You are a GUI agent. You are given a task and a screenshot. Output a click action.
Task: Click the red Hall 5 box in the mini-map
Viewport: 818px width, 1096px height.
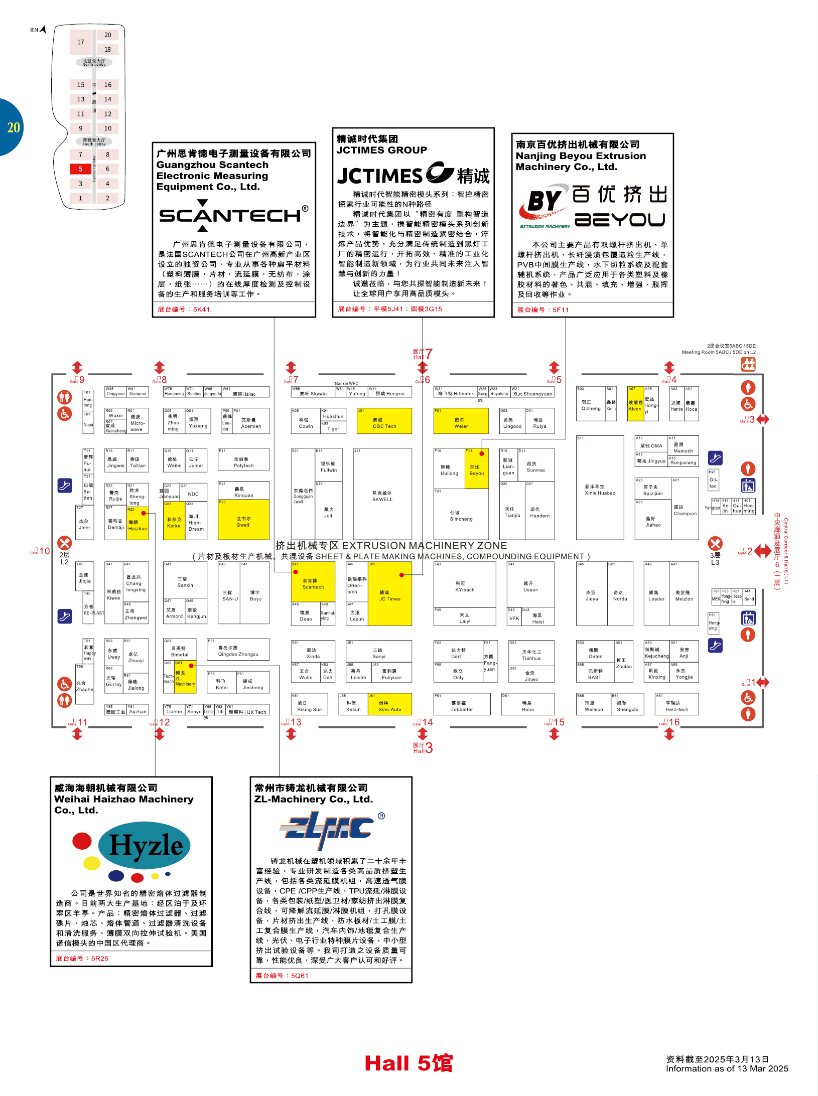[x=80, y=169]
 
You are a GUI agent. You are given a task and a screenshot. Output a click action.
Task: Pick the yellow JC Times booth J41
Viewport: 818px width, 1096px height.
[x=390, y=594]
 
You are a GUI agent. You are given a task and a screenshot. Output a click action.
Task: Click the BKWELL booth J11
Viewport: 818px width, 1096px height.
[x=382, y=494]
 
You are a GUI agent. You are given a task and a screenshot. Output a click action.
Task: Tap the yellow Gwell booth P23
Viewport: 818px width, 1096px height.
[x=243, y=520]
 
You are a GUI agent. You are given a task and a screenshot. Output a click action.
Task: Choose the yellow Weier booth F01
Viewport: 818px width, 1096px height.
[x=461, y=421]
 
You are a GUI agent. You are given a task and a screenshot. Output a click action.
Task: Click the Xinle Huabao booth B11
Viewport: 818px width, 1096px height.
[x=600, y=488]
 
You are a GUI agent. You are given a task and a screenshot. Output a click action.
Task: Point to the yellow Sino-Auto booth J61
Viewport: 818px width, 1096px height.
[x=390, y=704]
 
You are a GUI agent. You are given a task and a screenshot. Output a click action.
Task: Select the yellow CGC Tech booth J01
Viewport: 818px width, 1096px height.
[x=384, y=421]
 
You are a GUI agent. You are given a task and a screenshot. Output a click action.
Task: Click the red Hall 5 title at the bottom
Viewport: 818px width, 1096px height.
[x=408, y=1063]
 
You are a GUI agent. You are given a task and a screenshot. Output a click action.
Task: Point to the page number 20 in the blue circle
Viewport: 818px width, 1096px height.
[x=13, y=127]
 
